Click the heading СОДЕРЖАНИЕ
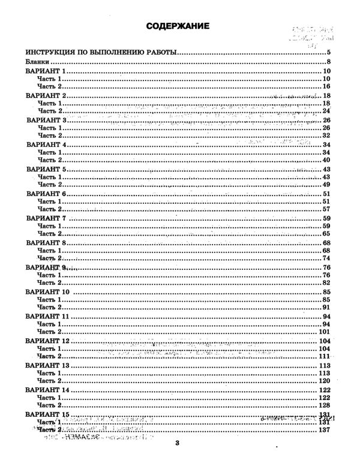(x=178, y=26)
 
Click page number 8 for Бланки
(x=329, y=62)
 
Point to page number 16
(x=327, y=87)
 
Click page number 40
(x=327, y=161)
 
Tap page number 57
(x=327, y=209)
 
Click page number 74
(x=327, y=258)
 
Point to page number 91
(x=327, y=308)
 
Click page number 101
(x=325, y=332)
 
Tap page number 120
(x=325, y=381)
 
